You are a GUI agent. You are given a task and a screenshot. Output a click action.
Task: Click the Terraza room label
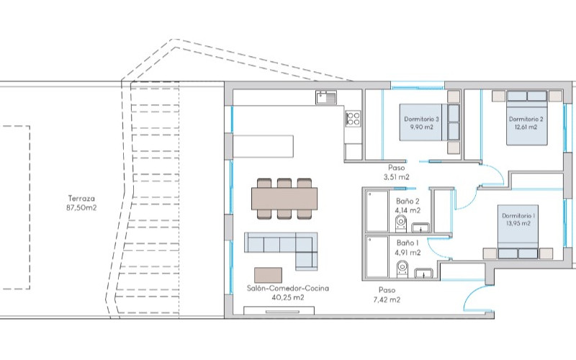coord(81,199)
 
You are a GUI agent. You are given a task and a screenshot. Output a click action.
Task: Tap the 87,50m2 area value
coord(81,208)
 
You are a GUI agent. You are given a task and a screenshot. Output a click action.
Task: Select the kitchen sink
coord(326,98)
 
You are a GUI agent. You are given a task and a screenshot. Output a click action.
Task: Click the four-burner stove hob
coord(353,119)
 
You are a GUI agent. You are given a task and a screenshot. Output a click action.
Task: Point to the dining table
coord(284,199)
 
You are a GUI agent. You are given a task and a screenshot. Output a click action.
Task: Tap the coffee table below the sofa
coord(268,275)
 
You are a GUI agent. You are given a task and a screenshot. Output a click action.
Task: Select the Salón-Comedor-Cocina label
coord(287,289)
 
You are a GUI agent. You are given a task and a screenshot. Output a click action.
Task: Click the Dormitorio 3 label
coord(421,119)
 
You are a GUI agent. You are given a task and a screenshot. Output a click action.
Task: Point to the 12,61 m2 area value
coord(526,127)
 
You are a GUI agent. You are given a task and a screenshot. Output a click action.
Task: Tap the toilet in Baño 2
coord(401,224)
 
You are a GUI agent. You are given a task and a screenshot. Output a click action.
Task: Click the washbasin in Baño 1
coord(424,274)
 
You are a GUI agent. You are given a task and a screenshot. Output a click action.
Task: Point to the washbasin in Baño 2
coord(421,228)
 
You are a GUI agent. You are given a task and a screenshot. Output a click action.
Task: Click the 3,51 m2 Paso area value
coord(397,177)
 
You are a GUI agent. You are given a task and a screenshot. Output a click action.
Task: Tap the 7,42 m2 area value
coord(387,300)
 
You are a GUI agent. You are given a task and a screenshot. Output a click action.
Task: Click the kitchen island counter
coord(264,146)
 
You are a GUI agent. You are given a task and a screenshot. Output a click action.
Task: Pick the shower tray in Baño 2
coord(377,211)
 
